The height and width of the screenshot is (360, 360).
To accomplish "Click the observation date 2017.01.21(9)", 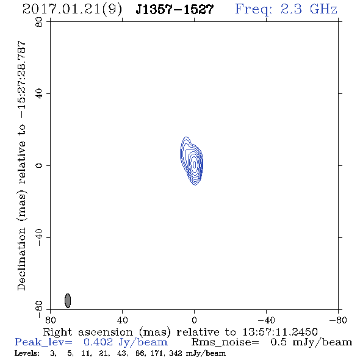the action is [x=73, y=10].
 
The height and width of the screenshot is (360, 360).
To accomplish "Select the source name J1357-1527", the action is [x=175, y=10].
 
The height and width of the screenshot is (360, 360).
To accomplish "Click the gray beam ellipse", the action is [x=68, y=301].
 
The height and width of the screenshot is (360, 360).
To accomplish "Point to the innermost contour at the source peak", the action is [x=195, y=164].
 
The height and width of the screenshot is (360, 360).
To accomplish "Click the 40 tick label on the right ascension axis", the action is [x=122, y=320].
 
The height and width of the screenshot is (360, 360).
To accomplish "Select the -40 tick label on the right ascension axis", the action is [x=266, y=320].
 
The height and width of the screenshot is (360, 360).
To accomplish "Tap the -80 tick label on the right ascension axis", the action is [x=338, y=320].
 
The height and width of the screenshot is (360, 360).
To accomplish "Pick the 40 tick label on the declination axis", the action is [x=39, y=94].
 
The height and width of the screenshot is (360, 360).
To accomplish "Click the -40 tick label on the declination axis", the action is [x=39, y=237].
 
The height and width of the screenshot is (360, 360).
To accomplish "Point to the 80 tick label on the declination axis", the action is [x=39, y=22].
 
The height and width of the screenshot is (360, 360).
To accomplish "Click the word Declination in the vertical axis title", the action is [x=21, y=259].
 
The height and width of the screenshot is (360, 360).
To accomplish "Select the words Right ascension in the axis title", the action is [x=88, y=332].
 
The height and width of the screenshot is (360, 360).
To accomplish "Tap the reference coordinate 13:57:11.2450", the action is [x=280, y=332].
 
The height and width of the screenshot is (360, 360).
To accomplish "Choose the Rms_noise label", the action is [x=225, y=342].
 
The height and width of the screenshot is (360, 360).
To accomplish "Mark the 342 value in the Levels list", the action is [x=176, y=353].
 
